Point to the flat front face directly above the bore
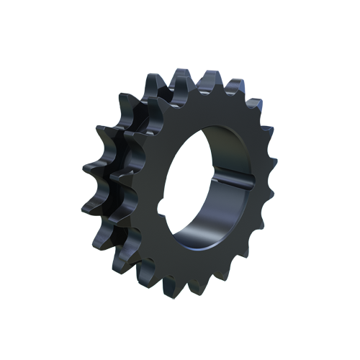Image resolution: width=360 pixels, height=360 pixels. pos(209,108)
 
